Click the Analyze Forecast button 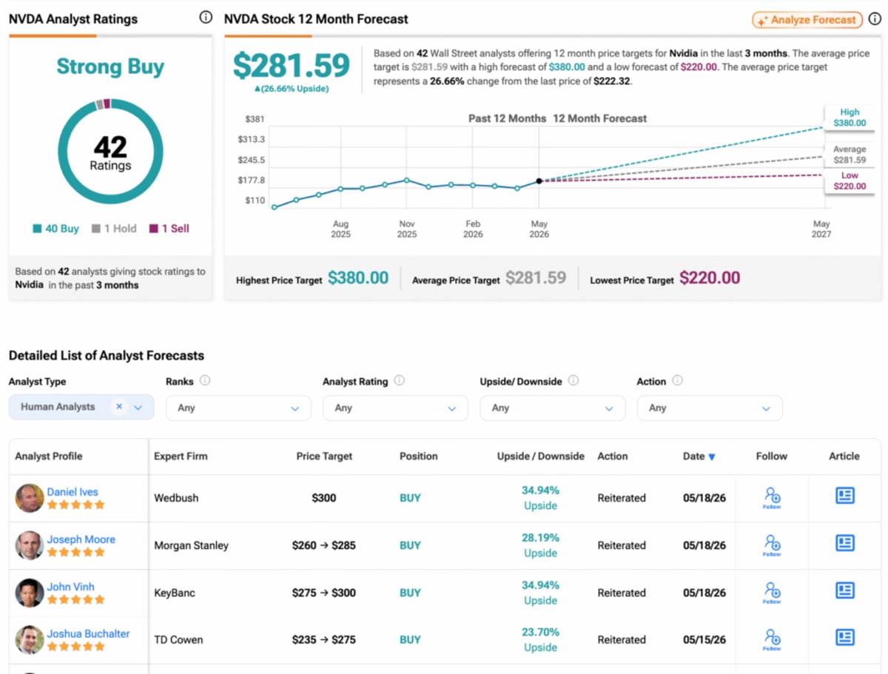click(x=807, y=20)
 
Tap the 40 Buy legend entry click(x=55, y=229)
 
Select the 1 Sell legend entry click(x=169, y=229)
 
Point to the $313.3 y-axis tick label click(x=251, y=139)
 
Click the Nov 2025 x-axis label click(x=406, y=229)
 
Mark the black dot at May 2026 click(x=539, y=181)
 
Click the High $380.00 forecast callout click(x=850, y=118)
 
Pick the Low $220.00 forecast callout click(x=850, y=181)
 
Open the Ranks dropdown click(x=238, y=408)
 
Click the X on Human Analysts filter click(x=119, y=406)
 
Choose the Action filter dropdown click(x=709, y=408)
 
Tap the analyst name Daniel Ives click(x=73, y=492)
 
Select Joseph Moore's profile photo click(x=29, y=545)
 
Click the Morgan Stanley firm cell click(x=191, y=545)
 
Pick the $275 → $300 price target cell click(x=323, y=593)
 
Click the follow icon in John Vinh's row click(x=772, y=592)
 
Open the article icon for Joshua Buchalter click(x=845, y=638)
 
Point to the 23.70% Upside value click(x=540, y=640)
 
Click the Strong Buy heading click(x=110, y=67)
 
